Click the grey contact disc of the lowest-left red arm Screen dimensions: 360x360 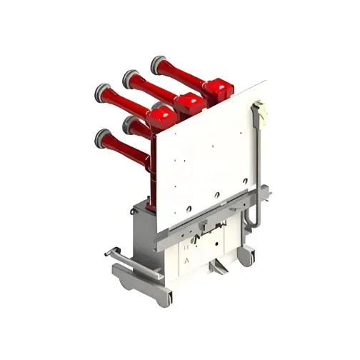(x=104, y=136)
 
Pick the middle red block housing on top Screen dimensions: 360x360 (x=189, y=104)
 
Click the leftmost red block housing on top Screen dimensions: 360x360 (x=162, y=115)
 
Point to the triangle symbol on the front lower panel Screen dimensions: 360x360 (x=187, y=261)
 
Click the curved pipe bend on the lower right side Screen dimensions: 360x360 (x=251, y=216)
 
